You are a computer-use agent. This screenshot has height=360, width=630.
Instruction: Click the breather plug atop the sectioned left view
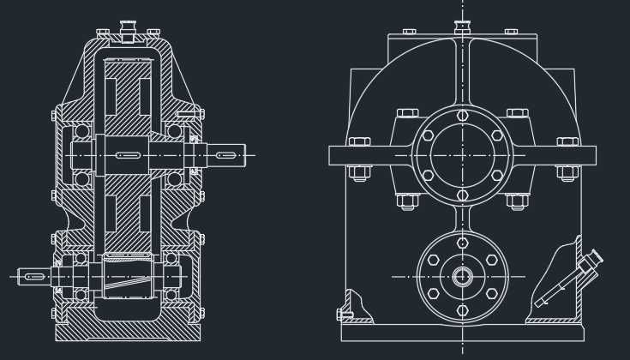click(129, 32)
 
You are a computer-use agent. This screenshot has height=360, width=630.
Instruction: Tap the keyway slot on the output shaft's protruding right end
click(226, 155)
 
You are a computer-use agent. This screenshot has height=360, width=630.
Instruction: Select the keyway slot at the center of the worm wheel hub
click(128, 155)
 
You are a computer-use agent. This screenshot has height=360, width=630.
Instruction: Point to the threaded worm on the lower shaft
click(128, 276)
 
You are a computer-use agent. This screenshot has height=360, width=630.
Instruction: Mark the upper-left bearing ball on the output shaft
click(82, 131)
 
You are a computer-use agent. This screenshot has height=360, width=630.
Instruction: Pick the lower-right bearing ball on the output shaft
click(175, 179)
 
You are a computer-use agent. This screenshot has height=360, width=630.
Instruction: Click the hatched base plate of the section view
click(128, 331)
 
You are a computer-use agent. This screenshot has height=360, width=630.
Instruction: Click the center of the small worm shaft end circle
click(463, 276)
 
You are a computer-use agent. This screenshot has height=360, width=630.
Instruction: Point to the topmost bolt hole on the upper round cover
click(463, 115)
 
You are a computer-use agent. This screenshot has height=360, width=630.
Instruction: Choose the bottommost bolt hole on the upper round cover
click(463, 195)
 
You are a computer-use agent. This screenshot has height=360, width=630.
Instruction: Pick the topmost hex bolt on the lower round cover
click(463, 243)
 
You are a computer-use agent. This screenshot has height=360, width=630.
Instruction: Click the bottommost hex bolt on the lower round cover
click(463, 309)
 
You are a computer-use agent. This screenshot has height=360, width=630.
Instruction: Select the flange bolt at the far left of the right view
click(359, 142)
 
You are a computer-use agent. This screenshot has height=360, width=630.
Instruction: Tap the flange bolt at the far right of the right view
click(567, 142)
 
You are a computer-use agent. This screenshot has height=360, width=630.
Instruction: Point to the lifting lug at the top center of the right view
click(463, 28)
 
